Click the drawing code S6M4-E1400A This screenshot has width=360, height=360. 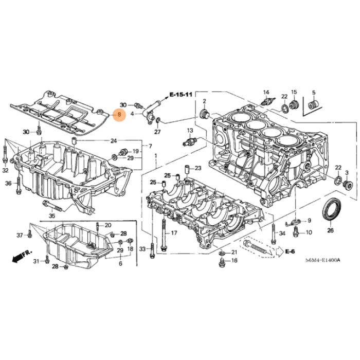click(323, 261)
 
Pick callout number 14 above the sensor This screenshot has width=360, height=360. click(266, 93)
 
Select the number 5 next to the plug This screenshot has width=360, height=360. click(313, 93)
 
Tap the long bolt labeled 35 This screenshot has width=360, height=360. click(55, 207)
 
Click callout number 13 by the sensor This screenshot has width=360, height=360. click(190, 131)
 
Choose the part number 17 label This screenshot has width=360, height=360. click(174, 233)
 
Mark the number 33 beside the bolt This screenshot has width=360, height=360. click(142, 249)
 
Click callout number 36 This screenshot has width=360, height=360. click(8, 184)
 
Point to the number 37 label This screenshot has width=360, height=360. click(20, 235)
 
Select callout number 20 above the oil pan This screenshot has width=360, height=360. click(108, 225)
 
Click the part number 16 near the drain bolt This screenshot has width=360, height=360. click(234, 261)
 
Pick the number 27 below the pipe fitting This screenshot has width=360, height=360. click(157, 132)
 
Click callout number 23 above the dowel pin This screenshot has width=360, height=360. click(198, 168)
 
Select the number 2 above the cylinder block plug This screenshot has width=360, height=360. click(204, 100)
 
